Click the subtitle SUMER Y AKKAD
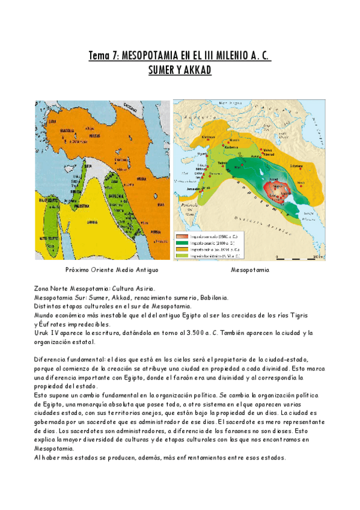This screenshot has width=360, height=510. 180,70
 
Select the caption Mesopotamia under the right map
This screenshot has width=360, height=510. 250,271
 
